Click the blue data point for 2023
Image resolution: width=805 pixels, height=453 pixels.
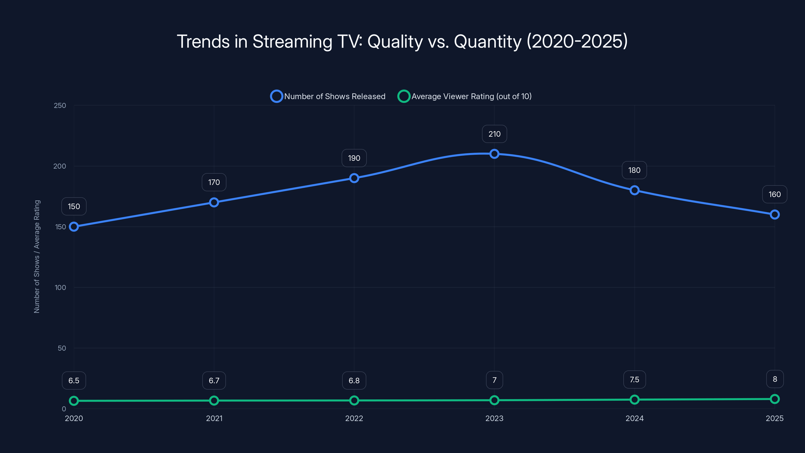tap(494, 154)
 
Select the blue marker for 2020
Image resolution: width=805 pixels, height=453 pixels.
tap(74, 227)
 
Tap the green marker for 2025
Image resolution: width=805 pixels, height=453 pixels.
tap(774, 399)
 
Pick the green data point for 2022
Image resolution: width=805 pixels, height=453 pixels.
tap(354, 400)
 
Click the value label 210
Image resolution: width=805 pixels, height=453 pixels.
tap(494, 134)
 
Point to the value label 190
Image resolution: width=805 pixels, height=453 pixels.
tap(354, 158)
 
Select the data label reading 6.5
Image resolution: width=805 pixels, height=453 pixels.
tap(74, 381)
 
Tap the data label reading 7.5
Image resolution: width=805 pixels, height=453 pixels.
tap(634, 380)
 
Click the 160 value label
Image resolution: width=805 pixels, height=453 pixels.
tap(774, 195)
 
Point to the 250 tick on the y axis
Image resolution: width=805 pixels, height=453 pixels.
tap(60, 106)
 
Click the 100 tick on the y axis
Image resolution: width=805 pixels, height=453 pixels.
tap(60, 288)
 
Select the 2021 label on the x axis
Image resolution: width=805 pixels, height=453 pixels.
tap(214, 418)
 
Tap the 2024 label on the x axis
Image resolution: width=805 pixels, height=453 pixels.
tap(634, 418)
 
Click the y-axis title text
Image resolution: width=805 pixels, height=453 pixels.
tap(37, 256)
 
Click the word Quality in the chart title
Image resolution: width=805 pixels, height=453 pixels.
tap(395, 42)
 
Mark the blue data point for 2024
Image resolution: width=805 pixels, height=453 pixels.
tap(634, 191)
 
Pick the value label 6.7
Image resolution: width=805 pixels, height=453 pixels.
tap(214, 381)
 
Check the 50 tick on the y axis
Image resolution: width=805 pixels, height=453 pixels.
tap(62, 348)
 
